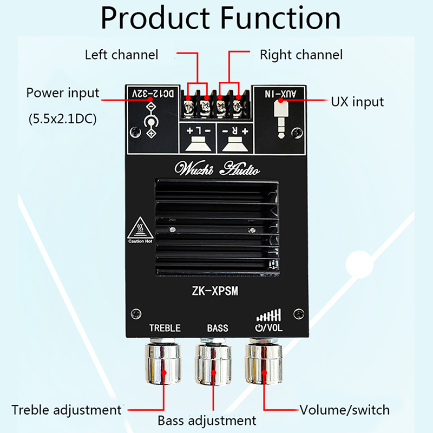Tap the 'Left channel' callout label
[121, 55]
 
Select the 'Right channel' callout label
[301, 55]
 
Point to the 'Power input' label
[63, 93]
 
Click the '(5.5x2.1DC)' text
[62, 119]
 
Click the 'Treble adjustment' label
[67, 410]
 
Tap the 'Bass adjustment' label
[207, 421]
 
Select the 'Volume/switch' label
[344, 410]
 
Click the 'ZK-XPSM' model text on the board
[215, 291]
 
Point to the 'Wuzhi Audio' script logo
[216, 168]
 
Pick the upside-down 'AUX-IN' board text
[281, 94]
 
